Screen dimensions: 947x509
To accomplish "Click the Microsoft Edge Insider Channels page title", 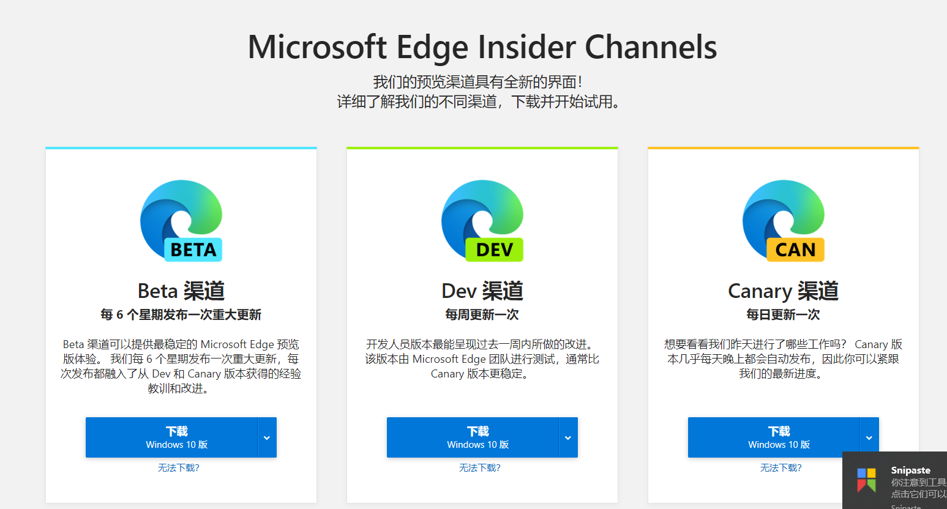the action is click(482, 47).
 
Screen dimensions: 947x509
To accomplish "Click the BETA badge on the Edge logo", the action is click(193, 250).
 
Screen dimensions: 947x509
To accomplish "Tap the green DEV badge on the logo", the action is click(495, 250).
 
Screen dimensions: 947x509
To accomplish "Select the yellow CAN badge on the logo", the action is click(795, 250).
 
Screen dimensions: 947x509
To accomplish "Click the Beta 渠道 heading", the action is click(181, 291).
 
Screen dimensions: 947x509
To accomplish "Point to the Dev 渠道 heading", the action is click(482, 291).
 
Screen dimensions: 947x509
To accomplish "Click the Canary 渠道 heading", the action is click(783, 291).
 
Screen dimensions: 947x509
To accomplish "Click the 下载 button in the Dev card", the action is click(473, 437).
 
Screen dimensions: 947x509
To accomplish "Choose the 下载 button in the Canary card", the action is click(774, 437).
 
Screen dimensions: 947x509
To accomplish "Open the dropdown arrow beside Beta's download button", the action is click(267, 437).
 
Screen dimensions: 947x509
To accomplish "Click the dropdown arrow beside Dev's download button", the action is click(568, 437).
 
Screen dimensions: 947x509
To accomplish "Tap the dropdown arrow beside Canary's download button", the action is click(869, 437).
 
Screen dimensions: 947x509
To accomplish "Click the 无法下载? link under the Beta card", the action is click(179, 468).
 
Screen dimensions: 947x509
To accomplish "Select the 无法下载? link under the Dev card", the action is click(480, 468).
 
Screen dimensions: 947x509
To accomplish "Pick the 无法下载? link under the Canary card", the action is click(781, 468).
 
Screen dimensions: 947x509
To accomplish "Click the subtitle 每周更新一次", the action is click(482, 314).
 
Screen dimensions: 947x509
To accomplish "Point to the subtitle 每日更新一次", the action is click(783, 314).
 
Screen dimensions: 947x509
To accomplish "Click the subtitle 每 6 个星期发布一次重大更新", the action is click(181, 314).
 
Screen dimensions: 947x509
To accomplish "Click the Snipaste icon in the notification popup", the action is click(866, 480).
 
